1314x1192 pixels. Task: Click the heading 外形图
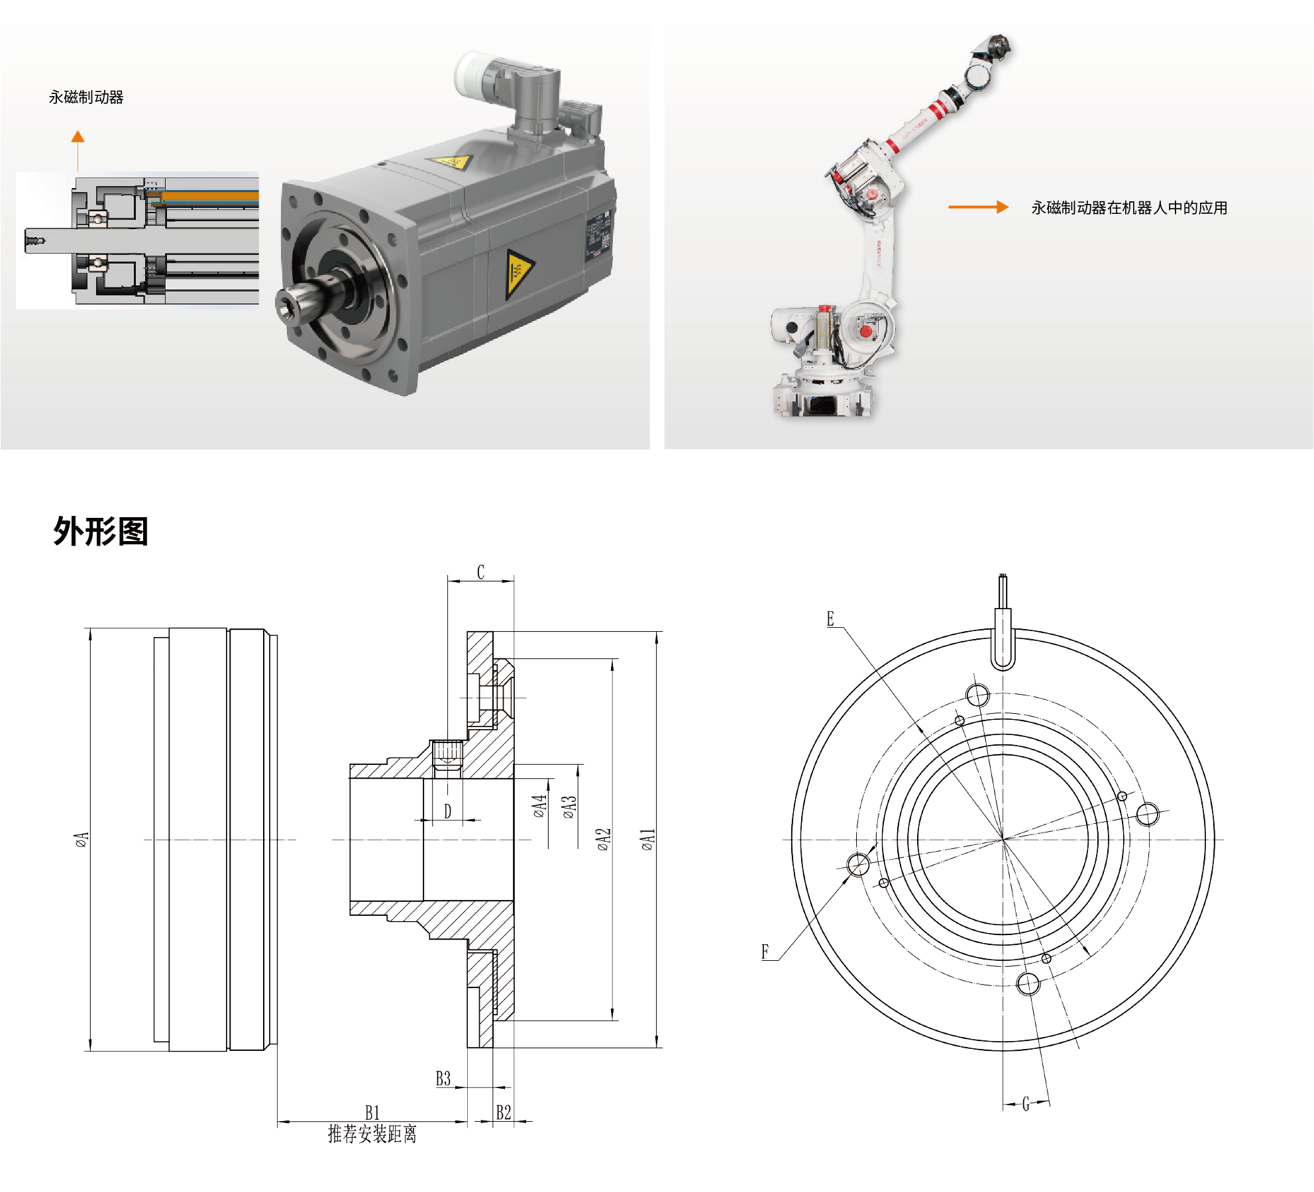click(x=101, y=531)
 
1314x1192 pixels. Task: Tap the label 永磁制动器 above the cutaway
click(x=86, y=97)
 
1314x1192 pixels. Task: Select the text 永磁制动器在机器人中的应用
click(x=1128, y=208)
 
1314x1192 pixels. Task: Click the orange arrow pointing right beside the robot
click(x=978, y=207)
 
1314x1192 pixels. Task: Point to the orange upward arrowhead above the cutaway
click(x=78, y=136)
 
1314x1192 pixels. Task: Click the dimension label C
click(x=480, y=572)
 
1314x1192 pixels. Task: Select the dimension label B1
click(x=372, y=1112)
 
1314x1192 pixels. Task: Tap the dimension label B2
click(x=504, y=1112)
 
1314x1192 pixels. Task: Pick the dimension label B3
click(x=443, y=1079)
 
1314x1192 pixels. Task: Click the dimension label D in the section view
click(x=447, y=811)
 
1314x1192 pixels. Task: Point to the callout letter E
click(x=830, y=619)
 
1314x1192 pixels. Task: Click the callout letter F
click(x=765, y=952)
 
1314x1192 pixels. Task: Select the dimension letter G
click(x=1026, y=1103)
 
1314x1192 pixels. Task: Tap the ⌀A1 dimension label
click(x=647, y=839)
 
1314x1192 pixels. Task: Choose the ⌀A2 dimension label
click(x=603, y=839)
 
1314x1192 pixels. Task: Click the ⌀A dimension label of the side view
click(x=81, y=840)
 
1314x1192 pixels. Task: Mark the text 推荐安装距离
click(x=372, y=1134)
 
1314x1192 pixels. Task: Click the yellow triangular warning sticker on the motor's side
click(x=518, y=272)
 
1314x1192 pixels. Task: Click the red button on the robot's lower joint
click(x=865, y=331)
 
